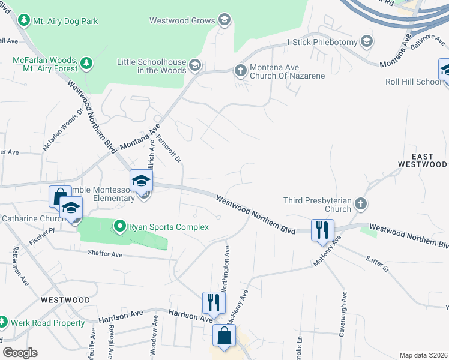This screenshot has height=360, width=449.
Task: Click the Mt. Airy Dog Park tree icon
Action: (24, 20)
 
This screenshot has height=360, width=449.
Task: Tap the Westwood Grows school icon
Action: (224, 20)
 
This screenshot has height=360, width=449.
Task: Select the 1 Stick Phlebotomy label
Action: (322, 41)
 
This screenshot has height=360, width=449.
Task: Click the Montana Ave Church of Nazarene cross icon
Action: (240, 71)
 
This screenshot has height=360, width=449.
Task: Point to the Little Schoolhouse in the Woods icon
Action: (194, 65)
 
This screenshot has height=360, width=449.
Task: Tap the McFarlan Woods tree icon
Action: (86, 62)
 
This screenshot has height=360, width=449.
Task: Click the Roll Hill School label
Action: (411, 82)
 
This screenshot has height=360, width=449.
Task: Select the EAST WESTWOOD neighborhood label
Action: (423, 160)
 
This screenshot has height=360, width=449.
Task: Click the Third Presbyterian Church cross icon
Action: (360, 203)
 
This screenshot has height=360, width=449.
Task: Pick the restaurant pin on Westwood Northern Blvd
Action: (322, 230)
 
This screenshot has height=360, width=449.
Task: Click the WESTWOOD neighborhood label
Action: (65, 299)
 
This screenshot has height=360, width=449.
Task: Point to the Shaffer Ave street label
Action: (105, 254)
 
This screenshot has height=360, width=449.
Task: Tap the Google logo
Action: (19, 353)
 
